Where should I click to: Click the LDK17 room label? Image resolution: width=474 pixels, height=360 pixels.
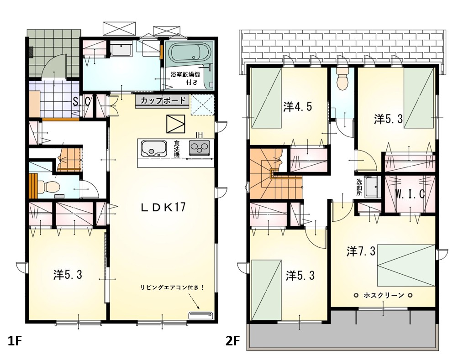click(163, 207)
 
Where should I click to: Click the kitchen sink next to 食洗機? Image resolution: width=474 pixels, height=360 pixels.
click(154, 148)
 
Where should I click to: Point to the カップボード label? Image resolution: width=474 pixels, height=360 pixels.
click(163, 100)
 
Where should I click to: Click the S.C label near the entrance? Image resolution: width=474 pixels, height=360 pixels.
click(82, 102)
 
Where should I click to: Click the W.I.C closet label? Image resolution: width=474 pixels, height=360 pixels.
click(410, 194)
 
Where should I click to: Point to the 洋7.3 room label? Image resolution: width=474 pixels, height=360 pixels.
click(361, 251)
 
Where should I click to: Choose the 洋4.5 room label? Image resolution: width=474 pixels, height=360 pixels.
click(297, 107)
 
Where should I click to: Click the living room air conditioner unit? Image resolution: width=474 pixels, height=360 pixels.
click(201, 315)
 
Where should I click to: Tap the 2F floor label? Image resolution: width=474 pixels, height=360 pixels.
click(232, 341)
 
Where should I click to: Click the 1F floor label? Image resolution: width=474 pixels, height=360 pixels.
click(15, 341)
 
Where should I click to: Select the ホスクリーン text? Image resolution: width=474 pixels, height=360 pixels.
click(384, 295)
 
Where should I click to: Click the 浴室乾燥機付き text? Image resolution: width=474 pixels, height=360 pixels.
click(185, 78)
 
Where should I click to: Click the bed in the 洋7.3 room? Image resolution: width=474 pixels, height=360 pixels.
click(406, 265)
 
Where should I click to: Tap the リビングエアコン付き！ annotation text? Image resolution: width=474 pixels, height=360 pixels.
click(172, 287)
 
